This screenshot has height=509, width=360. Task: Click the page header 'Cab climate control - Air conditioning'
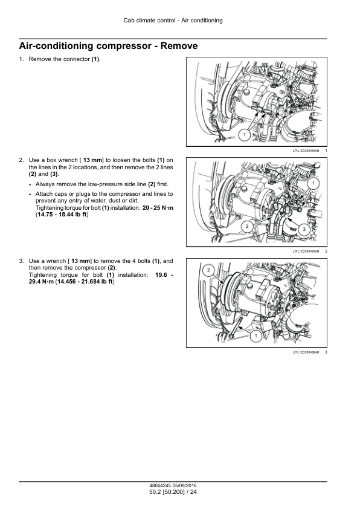(x=173, y=21)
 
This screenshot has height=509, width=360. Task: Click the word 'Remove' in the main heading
(x=179, y=46)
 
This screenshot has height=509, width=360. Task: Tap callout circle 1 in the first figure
(x=244, y=134)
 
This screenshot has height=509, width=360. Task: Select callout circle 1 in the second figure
(x=313, y=183)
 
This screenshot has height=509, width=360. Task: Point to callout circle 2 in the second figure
(x=247, y=225)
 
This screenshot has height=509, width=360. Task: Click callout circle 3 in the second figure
(x=304, y=230)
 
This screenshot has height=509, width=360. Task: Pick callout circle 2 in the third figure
(x=208, y=270)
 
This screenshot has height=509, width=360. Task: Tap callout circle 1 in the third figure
(x=256, y=336)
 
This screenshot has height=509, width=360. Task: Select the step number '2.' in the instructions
(x=21, y=160)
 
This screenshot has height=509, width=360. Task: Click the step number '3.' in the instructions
(x=21, y=261)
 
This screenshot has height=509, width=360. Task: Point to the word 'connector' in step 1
(x=77, y=59)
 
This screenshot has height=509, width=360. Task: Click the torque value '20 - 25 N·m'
(x=158, y=208)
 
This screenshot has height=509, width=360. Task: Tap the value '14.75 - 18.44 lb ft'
(x=62, y=215)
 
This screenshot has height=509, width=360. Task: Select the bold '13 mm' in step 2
(x=93, y=160)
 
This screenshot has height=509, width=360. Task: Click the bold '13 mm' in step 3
(x=81, y=261)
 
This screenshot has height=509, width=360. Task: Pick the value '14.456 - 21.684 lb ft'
(x=85, y=282)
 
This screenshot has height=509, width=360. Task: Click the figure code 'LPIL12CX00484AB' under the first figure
(x=306, y=151)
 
